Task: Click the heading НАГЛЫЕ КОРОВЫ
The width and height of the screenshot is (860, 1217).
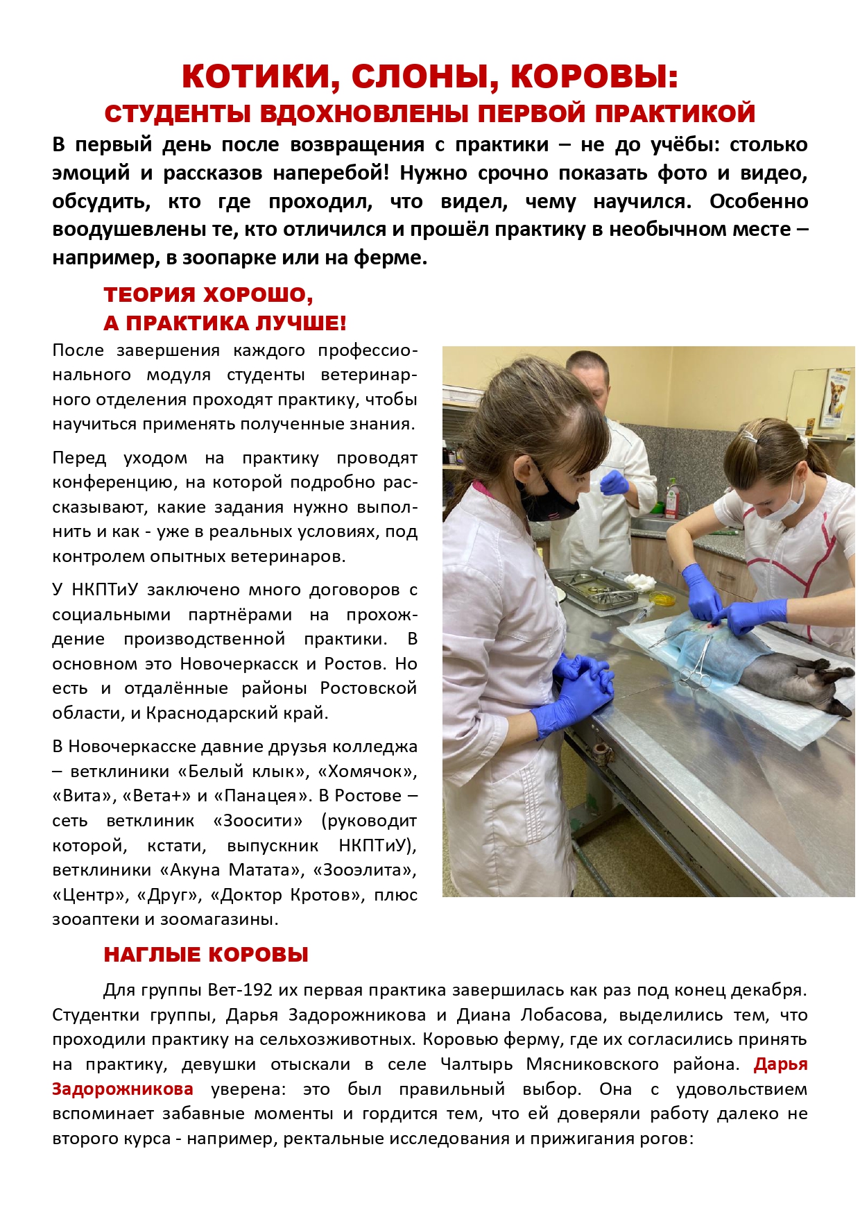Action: [x=206, y=955]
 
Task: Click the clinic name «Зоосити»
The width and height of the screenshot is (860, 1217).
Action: [x=258, y=820]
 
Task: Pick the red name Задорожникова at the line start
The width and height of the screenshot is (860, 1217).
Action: [x=123, y=1089]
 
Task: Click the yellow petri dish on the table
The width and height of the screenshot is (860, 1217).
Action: [x=662, y=597]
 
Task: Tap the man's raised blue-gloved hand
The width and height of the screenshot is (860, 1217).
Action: [x=613, y=482]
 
